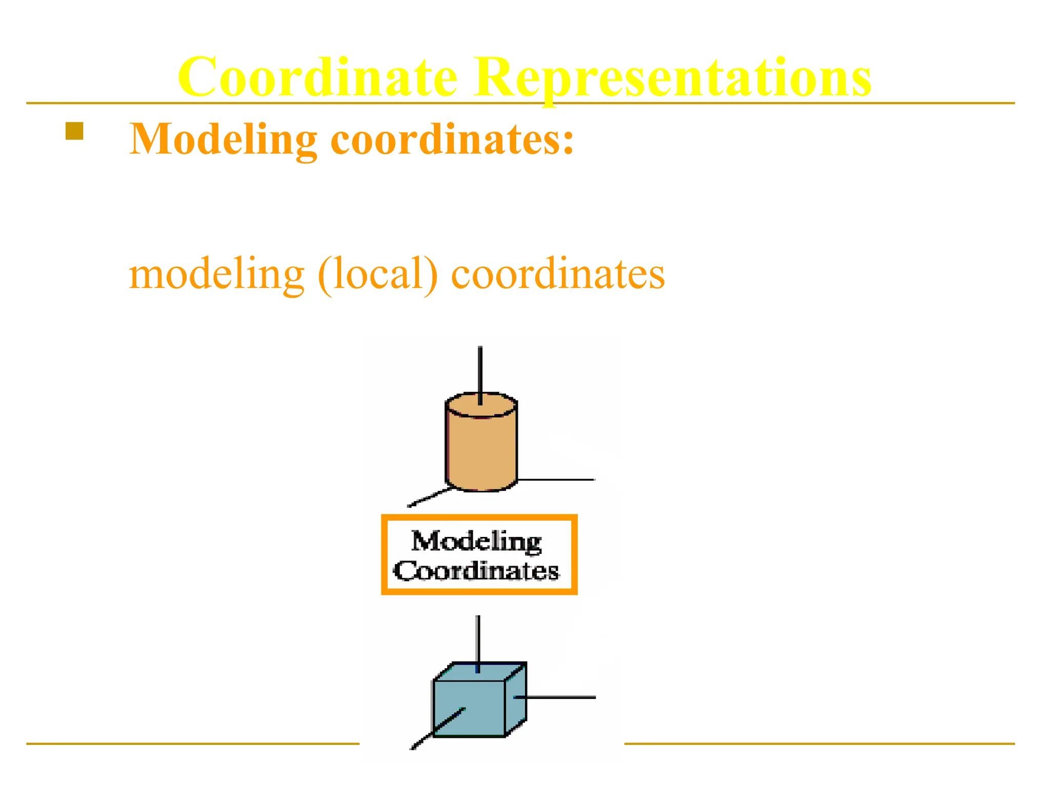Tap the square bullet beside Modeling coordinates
pyautogui.click(x=74, y=131)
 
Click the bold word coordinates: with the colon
pyautogui.click(x=452, y=139)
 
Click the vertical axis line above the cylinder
pyautogui.click(x=480, y=369)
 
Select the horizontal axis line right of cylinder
pyautogui.click(x=556, y=480)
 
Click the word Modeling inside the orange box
pyautogui.click(x=476, y=542)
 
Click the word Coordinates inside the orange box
pyautogui.click(x=476, y=571)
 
